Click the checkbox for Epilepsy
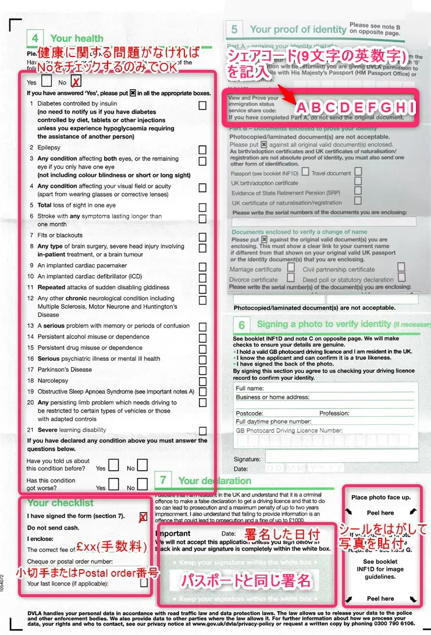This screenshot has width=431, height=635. pos(202,149)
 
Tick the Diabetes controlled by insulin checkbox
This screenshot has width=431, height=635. pos(202,105)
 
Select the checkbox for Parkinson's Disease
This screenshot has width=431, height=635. pos(202,370)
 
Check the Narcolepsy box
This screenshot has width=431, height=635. pos(202,381)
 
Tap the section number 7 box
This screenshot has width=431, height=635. pos(164,480)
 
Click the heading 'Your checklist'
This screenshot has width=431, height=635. pos(60,503)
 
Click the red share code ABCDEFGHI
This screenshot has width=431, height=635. pos(356,108)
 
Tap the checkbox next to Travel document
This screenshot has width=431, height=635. pos(358,172)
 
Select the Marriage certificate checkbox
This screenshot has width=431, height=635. pos(291,268)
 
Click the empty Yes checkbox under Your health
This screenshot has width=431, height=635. pos(47,81)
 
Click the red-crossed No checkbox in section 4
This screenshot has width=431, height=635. pos(76,82)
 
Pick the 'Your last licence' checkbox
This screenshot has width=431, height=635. pos(144,583)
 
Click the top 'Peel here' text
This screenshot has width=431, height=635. pos(381,513)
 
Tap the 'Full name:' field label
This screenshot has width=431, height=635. pos(250,388)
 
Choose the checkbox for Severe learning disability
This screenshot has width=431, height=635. pos(202,431)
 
